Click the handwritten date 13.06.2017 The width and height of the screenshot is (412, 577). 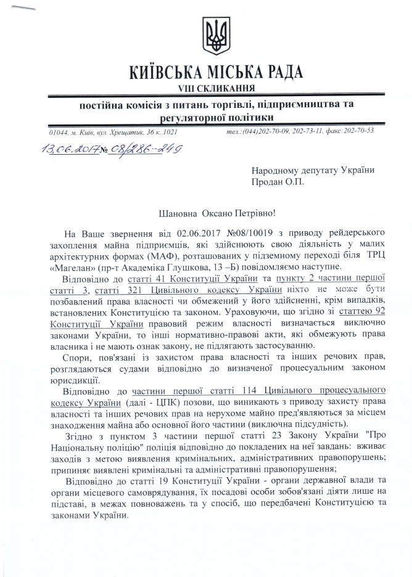click(58, 149)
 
